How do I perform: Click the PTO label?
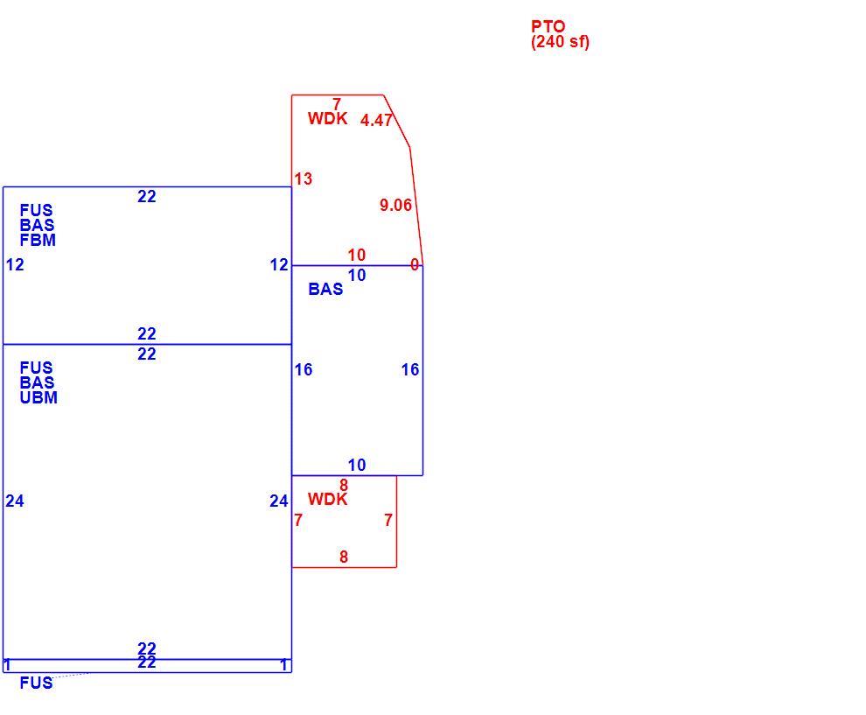click(x=548, y=26)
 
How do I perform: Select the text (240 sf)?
click(x=560, y=42)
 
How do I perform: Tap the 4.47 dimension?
click(x=376, y=120)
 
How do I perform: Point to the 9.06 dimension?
click(x=395, y=205)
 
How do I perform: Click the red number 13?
click(x=304, y=179)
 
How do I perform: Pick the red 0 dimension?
click(x=415, y=265)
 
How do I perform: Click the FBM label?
click(x=38, y=241)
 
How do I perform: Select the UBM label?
click(x=38, y=398)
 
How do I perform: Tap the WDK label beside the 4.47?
click(x=327, y=118)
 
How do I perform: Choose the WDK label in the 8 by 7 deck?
click(x=327, y=500)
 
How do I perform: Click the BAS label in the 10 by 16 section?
click(x=325, y=289)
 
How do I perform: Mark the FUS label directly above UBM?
click(x=37, y=368)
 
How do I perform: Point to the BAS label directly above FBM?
click(x=37, y=226)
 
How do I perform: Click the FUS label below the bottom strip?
click(x=37, y=683)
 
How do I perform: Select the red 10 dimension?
click(x=357, y=255)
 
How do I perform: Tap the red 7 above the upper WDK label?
click(x=337, y=103)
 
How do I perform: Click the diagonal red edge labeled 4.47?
click(x=396, y=121)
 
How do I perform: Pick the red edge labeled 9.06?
click(x=416, y=207)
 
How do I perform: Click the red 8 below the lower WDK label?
click(x=344, y=557)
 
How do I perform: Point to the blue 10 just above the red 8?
click(x=357, y=466)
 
